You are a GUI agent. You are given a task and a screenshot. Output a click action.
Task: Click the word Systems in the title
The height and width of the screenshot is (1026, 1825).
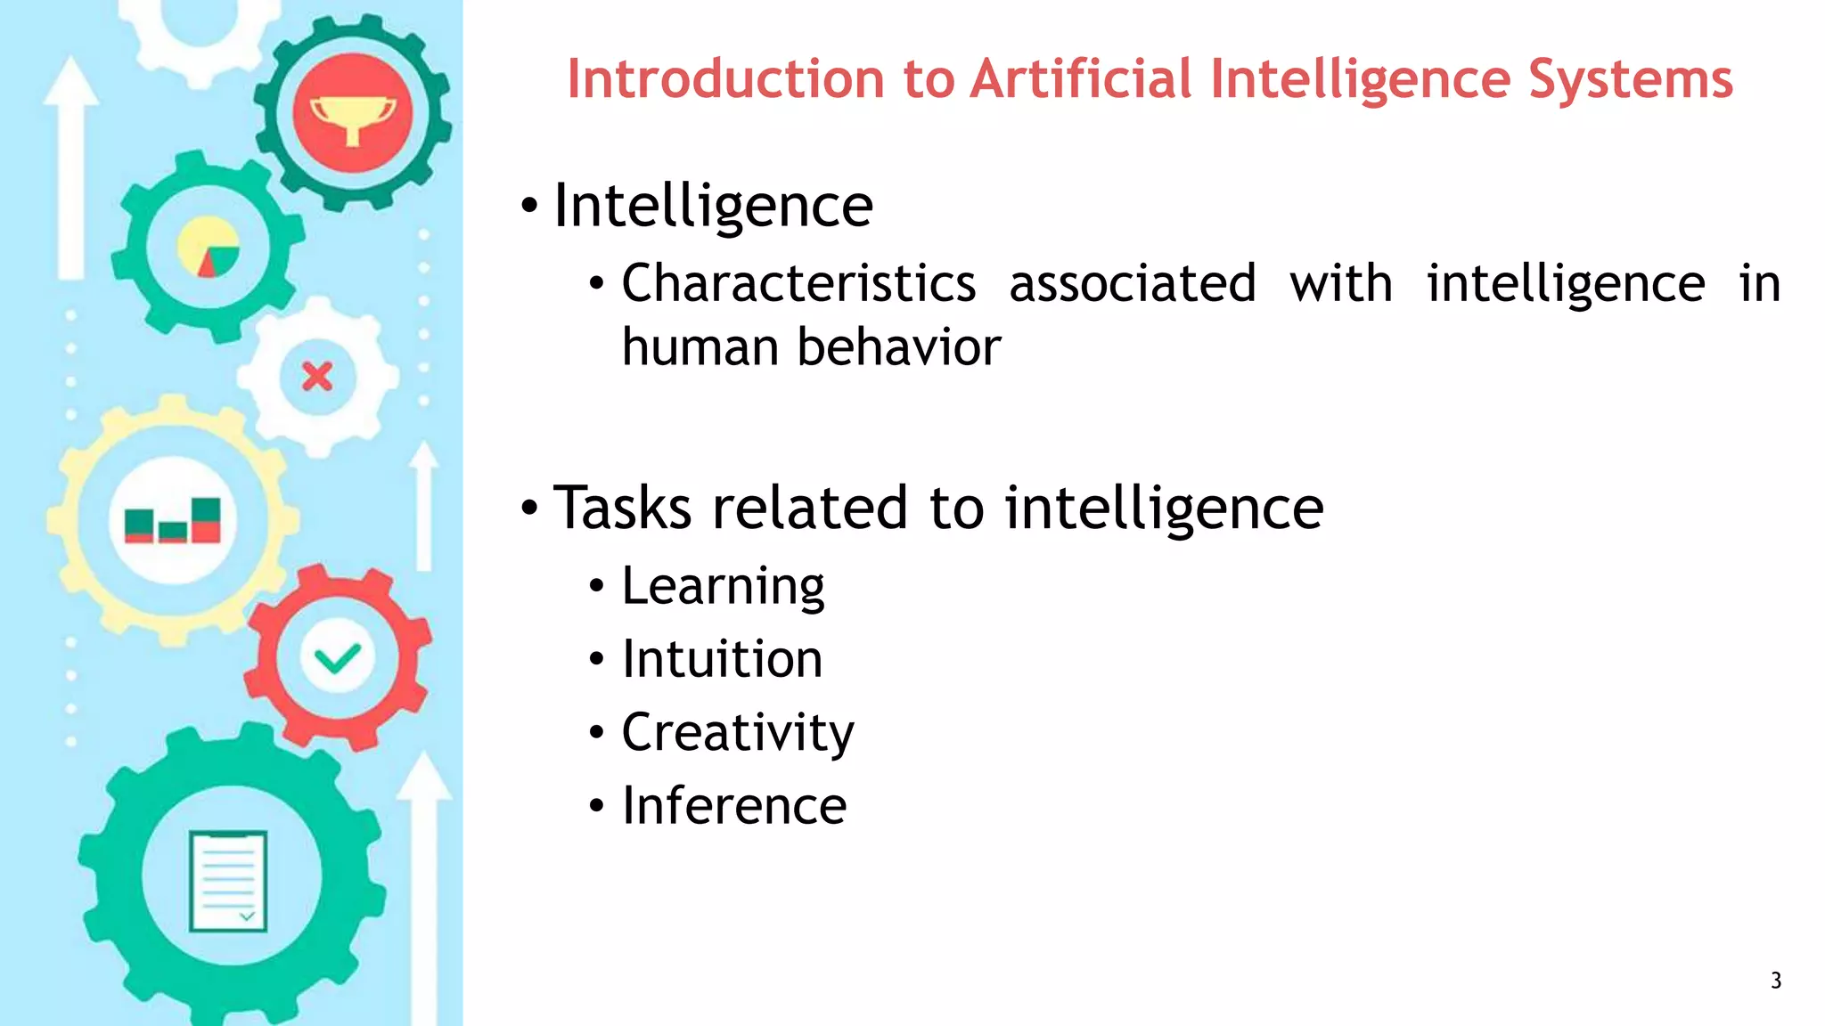[1631, 80]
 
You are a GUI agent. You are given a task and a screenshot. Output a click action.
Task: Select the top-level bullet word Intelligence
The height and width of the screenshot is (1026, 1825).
[713, 207]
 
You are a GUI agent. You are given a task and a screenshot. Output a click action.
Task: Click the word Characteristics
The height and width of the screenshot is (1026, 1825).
[798, 284]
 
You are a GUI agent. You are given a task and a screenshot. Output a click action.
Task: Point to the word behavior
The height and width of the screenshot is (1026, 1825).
[899, 346]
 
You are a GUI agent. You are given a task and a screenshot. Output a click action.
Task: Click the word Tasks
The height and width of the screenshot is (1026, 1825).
[622, 508]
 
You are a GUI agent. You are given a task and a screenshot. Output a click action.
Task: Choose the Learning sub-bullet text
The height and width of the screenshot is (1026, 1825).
[723, 586]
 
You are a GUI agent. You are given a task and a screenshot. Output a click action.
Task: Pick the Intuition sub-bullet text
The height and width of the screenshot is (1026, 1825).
[722, 659]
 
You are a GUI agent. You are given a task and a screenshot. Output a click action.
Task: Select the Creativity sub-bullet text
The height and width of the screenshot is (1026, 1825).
[738, 733]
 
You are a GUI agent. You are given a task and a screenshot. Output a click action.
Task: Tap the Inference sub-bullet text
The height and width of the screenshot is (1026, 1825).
[734, 806]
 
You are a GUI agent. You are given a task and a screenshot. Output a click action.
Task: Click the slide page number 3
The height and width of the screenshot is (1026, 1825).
[1775, 981]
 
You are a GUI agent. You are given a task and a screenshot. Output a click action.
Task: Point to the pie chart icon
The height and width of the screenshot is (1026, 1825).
[209, 248]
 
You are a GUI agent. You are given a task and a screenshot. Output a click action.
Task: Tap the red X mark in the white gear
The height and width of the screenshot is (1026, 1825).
[317, 377]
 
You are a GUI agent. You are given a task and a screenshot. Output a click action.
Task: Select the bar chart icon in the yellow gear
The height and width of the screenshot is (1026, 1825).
[173, 520]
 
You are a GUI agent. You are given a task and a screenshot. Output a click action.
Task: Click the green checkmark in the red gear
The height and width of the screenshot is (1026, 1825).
[338, 658]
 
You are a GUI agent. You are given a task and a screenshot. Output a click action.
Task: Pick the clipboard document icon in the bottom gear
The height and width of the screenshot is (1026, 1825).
[228, 881]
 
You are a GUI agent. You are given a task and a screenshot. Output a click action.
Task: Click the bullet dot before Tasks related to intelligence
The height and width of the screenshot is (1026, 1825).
[529, 509]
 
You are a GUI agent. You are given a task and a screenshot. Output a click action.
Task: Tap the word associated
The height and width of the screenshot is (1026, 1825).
[1132, 284]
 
